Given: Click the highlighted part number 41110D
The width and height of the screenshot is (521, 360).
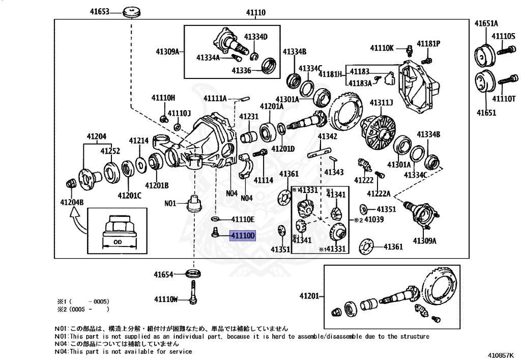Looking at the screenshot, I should [x=243, y=236].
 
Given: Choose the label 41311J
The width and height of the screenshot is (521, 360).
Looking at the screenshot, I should [x=381, y=103].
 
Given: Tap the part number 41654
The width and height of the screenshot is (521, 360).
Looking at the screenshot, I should [x=163, y=274].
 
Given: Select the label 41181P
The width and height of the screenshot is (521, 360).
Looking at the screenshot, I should [x=428, y=44].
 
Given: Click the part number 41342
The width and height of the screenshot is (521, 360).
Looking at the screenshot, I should [x=328, y=136].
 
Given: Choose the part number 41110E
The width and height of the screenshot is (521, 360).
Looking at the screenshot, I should [x=243, y=219].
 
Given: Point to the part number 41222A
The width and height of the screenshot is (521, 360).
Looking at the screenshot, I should [x=379, y=193].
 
